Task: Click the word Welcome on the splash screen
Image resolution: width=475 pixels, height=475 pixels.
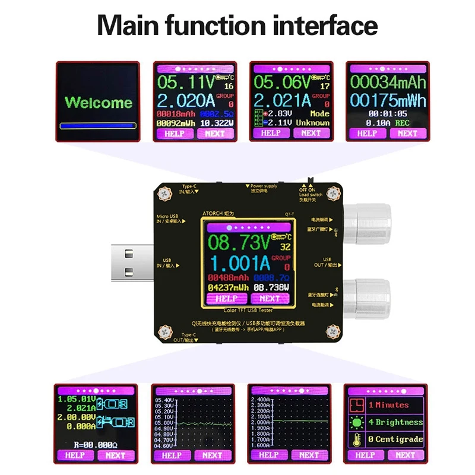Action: [x=99, y=102]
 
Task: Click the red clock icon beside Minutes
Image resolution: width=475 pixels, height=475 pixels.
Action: [x=357, y=405]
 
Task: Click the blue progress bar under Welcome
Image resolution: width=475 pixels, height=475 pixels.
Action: [x=99, y=126]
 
